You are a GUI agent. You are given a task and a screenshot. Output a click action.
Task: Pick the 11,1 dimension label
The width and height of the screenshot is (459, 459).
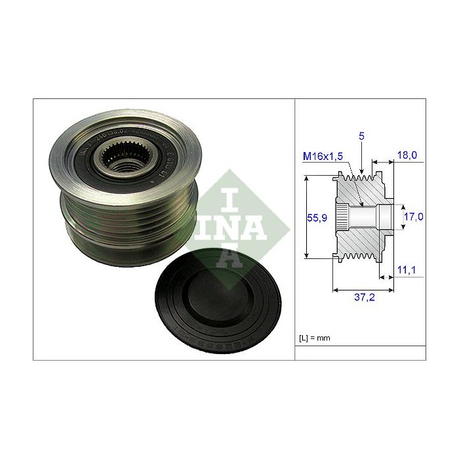click(x=408, y=269)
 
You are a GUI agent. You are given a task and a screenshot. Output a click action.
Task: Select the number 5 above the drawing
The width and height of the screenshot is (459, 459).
click(x=362, y=136)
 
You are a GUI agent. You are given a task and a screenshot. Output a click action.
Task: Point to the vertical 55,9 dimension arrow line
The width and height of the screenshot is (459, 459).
click(x=307, y=216)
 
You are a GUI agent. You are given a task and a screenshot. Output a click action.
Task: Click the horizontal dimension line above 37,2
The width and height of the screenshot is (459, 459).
click(x=365, y=288)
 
